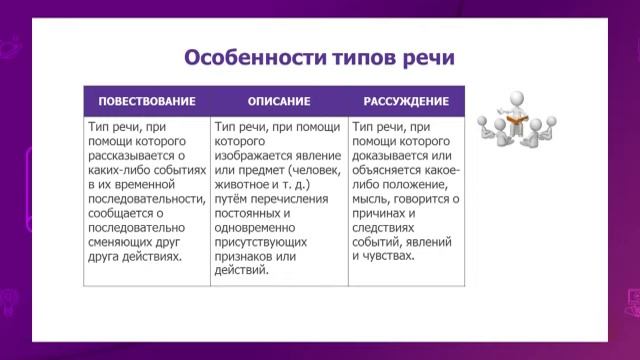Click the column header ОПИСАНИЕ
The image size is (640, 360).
(279, 102)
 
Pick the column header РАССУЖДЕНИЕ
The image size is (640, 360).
(406, 102)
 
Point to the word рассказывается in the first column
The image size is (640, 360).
(130, 157)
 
